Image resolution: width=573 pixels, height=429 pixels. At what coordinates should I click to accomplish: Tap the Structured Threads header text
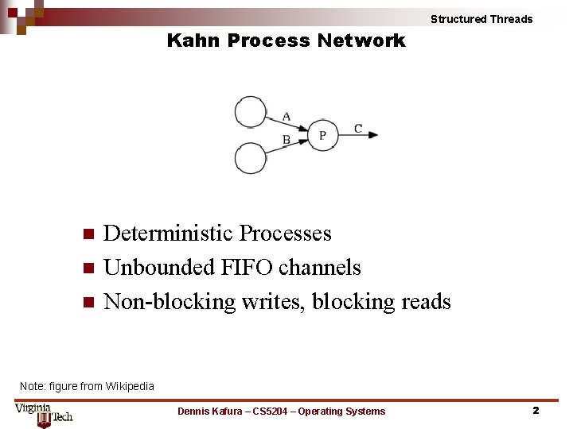[x=481, y=19]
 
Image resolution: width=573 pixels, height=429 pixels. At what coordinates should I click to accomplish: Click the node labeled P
[x=322, y=135]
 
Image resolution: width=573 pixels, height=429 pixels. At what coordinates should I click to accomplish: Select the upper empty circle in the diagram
[x=251, y=111]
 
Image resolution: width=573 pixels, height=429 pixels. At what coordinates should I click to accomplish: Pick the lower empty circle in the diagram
[x=251, y=158]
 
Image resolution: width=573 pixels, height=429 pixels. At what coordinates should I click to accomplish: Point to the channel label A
[x=286, y=116]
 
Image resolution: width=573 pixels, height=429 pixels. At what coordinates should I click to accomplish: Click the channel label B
[x=286, y=141]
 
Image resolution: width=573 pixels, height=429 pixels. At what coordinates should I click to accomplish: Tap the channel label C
[x=358, y=129]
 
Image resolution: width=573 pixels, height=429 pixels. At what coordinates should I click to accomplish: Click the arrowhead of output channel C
[x=373, y=135]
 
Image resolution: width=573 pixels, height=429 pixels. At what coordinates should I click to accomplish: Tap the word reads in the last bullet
[x=426, y=302]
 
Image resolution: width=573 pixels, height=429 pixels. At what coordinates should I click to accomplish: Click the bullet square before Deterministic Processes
[x=88, y=234]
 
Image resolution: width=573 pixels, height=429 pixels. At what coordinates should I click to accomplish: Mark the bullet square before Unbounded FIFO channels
[x=88, y=269]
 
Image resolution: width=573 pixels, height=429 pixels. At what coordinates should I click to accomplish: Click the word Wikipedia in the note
[x=130, y=386]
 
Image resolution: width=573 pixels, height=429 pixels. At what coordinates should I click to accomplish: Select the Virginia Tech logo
[x=44, y=414]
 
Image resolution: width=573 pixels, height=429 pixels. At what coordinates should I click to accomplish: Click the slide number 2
[x=536, y=411]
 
